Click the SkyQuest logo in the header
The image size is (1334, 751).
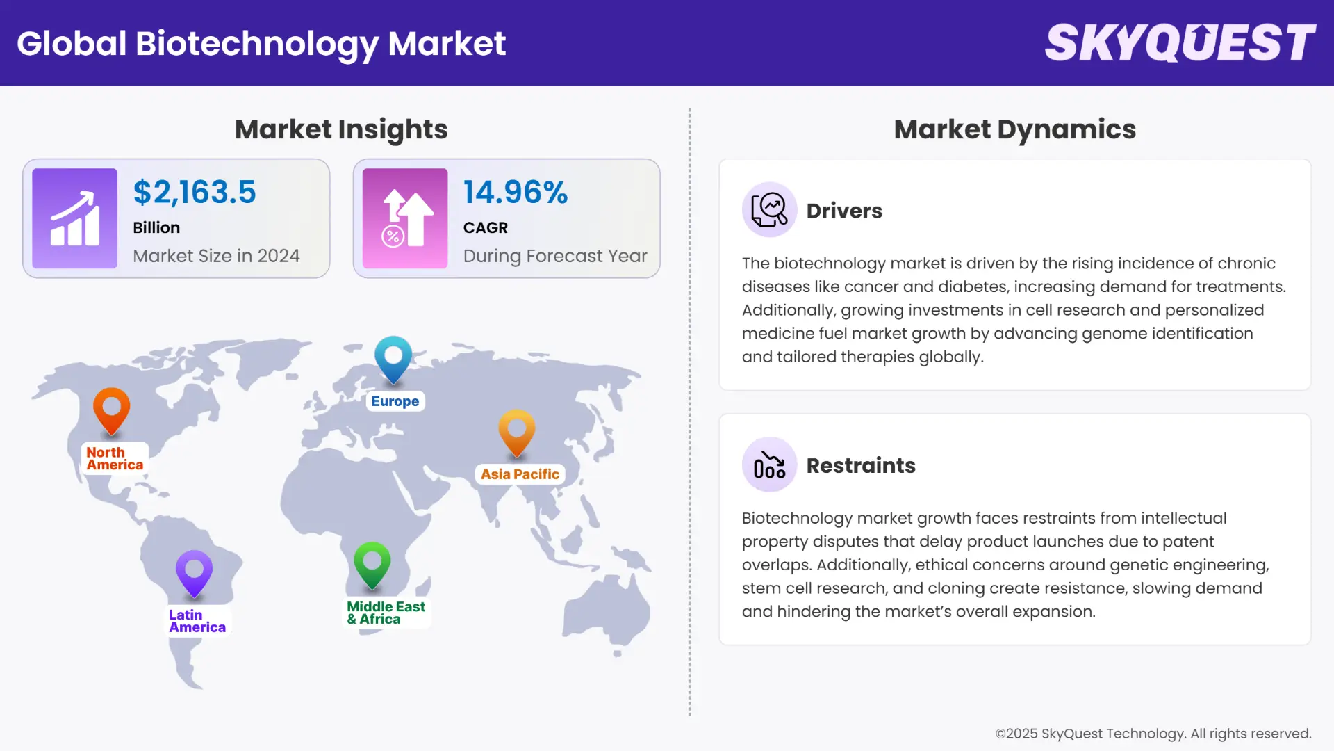(x=1180, y=43)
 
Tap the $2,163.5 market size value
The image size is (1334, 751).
(x=195, y=193)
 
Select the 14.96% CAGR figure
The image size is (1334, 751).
(x=516, y=193)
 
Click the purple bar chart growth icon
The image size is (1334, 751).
(x=75, y=218)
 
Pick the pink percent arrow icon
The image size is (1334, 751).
(x=405, y=218)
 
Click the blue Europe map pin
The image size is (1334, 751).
(x=393, y=358)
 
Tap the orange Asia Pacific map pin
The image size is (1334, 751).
(x=517, y=432)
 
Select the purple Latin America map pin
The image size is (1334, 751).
(x=194, y=572)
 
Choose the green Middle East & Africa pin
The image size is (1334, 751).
(x=372, y=564)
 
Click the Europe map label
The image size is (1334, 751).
(x=395, y=401)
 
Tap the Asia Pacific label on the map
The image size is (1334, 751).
(x=520, y=474)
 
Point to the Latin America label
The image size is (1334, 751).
(x=197, y=621)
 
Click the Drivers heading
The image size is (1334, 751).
(x=844, y=211)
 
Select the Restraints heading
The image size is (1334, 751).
(x=861, y=465)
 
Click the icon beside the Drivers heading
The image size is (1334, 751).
(x=769, y=210)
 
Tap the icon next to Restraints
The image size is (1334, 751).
(x=769, y=465)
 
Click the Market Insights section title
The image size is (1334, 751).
(x=341, y=129)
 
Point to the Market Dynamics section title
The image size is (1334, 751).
(x=1014, y=129)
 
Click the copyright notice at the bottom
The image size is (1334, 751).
(x=1153, y=734)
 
